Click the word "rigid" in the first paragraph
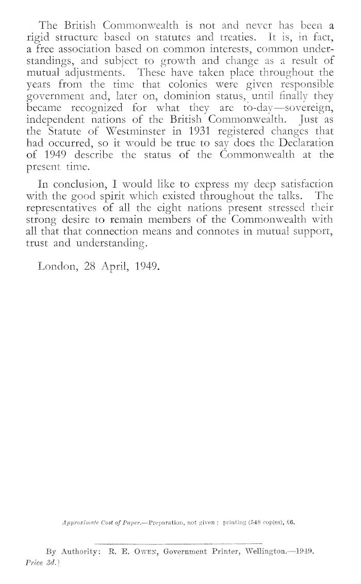[x=38, y=37]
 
